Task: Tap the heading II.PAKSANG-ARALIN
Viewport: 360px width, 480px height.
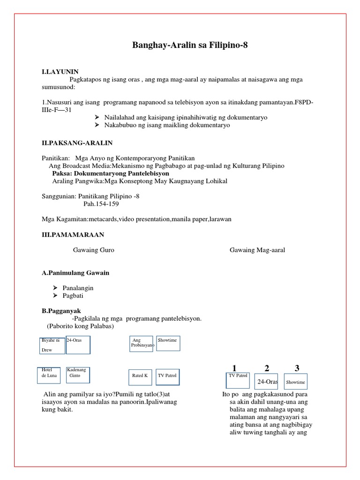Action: tap(77, 142)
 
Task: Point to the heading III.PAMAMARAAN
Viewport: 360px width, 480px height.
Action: tap(73, 234)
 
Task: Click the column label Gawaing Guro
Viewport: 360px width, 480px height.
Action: tap(94, 250)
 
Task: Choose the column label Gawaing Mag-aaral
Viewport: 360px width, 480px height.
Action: tap(257, 250)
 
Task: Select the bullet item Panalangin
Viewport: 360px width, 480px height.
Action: tap(78, 287)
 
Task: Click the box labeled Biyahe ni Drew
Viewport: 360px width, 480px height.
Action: tap(52, 345)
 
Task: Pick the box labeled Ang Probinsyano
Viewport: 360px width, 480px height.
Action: tap(142, 344)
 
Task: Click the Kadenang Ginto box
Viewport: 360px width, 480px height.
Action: tap(77, 375)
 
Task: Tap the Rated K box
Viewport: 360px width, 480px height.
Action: tap(140, 375)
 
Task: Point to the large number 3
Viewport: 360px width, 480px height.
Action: tap(297, 368)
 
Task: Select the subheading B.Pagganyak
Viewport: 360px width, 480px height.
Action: tap(61, 311)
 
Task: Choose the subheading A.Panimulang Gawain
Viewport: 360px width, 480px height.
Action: tap(75, 273)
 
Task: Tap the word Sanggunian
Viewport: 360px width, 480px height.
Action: tap(58, 196)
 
